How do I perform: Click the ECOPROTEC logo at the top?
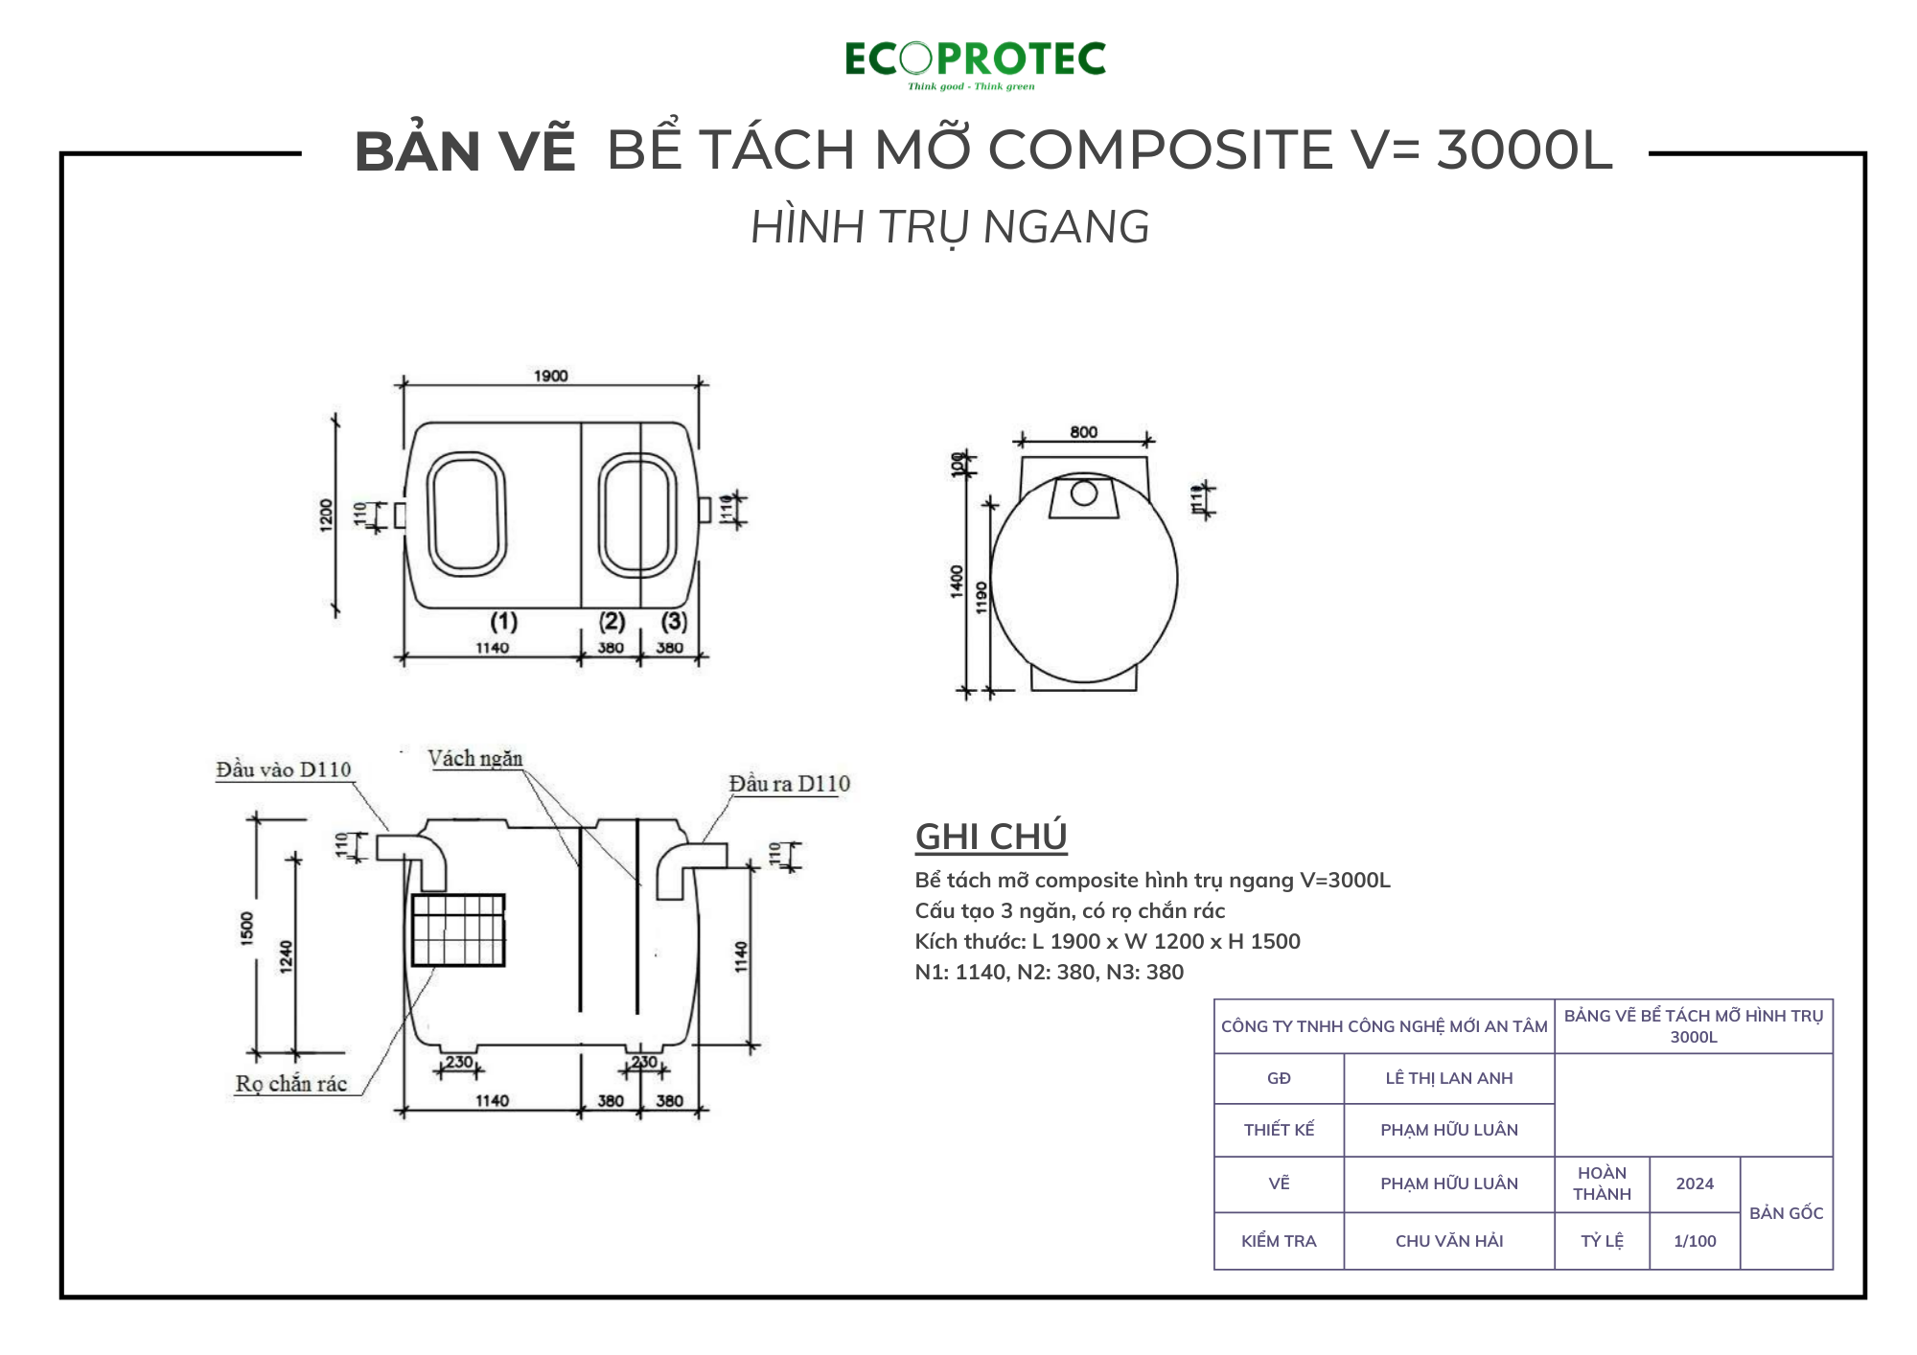click(x=975, y=63)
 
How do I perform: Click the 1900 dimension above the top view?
click(x=550, y=376)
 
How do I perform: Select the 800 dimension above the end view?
click(x=1083, y=432)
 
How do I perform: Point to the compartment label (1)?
click(x=504, y=622)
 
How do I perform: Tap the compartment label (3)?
click(x=674, y=622)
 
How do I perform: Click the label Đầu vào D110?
click(x=284, y=769)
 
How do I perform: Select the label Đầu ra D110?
click(x=789, y=784)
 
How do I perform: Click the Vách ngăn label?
click(x=475, y=759)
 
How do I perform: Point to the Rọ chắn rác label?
click(x=291, y=1084)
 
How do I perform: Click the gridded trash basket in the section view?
click(x=458, y=930)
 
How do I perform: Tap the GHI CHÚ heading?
click(x=991, y=837)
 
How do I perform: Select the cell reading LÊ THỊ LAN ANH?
click(x=1448, y=1078)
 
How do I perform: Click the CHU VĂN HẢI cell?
click(x=1448, y=1241)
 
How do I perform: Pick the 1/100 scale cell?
click(x=1695, y=1241)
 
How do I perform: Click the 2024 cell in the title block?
click(x=1695, y=1183)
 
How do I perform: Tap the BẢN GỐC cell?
click(x=1786, y=1213)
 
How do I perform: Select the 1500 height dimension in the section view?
click(x=247, y=929)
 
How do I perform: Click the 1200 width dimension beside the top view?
click(x=327, y=515)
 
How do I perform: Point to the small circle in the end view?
click(x=1084, y=493)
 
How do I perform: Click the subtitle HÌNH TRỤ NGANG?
click(x=950, y=227)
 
